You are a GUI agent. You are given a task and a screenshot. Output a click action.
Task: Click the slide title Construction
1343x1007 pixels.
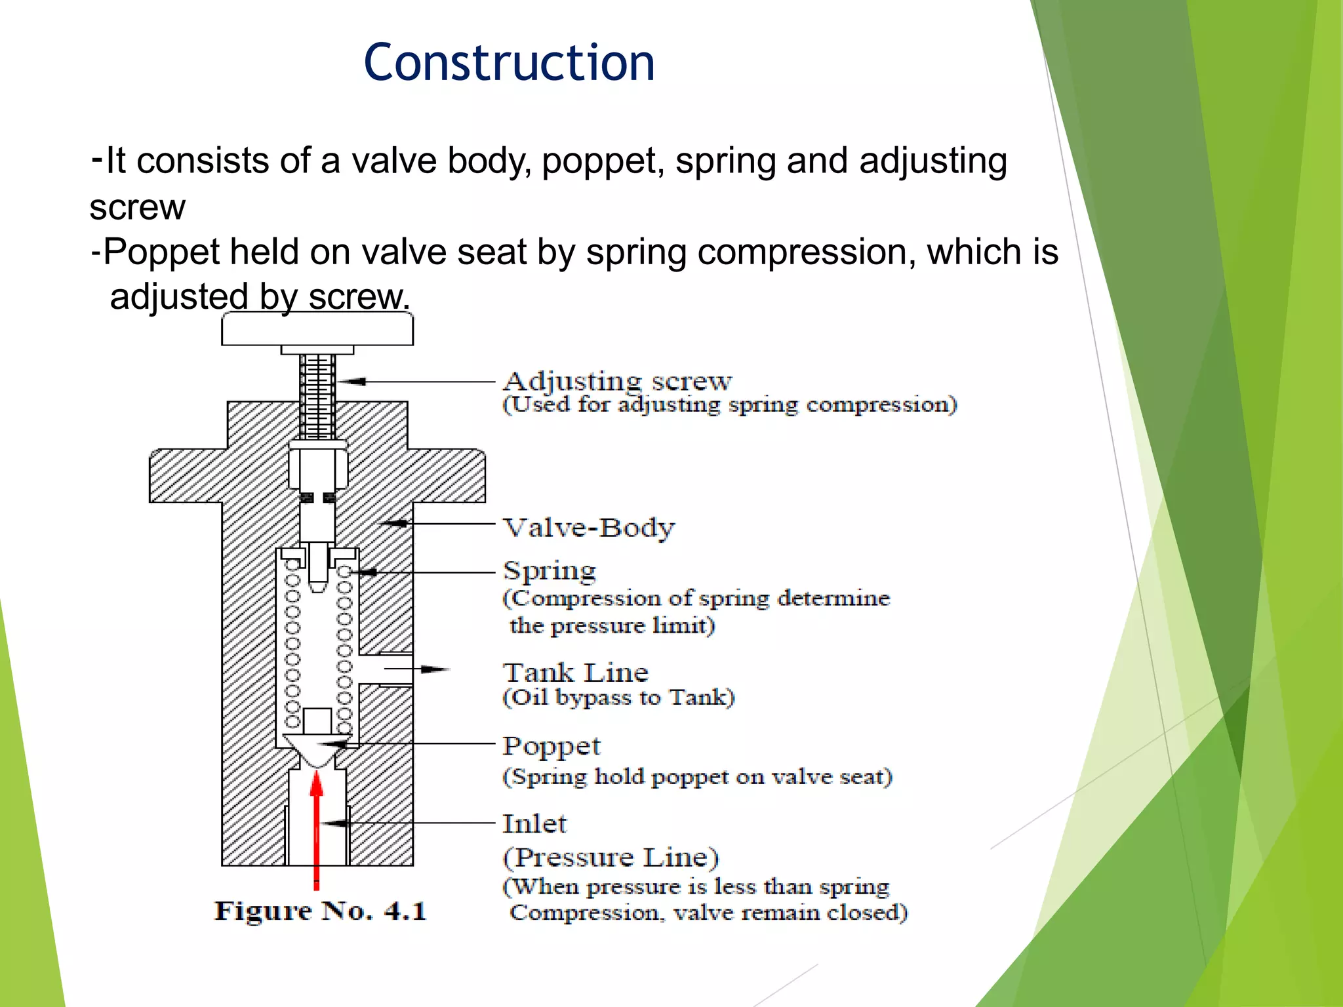(x=509, y=63)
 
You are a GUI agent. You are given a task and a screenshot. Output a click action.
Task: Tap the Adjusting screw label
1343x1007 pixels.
(x=616, y=381)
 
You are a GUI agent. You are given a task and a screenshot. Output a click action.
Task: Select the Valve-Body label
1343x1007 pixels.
(x=588, y=528)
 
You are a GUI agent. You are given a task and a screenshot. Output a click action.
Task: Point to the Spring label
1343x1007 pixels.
(x=550, y=570)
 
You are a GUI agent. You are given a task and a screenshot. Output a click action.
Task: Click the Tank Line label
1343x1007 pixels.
(x=575, y=673)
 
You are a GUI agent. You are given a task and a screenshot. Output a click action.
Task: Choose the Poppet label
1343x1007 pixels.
(x=551, y=746)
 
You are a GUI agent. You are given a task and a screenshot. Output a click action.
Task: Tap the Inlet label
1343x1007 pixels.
(x=534, y=823)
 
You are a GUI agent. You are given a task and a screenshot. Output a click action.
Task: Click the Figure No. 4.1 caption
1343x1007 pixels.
(x=320, y=911)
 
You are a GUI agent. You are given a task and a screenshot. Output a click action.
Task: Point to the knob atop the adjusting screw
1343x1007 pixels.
(x=317, y=328)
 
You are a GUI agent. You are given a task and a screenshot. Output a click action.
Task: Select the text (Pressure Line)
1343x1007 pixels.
(x=611, y=857)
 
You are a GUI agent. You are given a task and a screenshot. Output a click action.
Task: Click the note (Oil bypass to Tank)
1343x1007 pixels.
(x=618, y=697)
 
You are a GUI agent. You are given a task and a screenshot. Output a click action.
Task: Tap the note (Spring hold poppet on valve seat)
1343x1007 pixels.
(x=696, y=777)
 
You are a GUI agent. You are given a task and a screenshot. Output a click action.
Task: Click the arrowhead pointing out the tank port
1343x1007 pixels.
(x=434, y=669)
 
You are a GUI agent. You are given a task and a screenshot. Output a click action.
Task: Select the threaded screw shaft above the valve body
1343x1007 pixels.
(x=317, y=397)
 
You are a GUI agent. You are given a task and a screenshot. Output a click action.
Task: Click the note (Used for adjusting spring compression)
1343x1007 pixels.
(x=729, y=405)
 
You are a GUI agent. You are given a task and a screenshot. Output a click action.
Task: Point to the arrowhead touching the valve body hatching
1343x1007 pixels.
(x=395, y=523)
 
